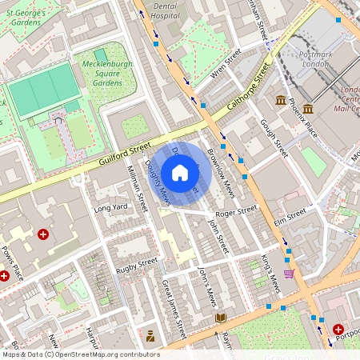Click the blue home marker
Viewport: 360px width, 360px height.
(180, 173)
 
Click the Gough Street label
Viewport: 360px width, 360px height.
(274, 138)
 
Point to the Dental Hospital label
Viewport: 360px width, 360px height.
(166, 10)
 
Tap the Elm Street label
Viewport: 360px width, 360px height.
(290, 215)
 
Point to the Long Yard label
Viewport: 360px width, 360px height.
(110, 209)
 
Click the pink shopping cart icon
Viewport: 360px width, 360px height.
(289, 274)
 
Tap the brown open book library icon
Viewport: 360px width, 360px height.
(221, 318)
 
